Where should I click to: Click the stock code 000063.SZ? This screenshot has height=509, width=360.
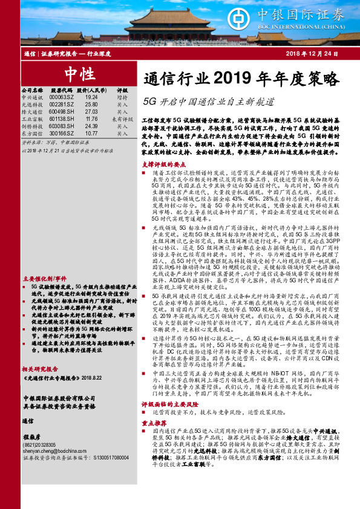tap(61, 97)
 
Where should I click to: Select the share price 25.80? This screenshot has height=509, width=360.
tap(91, 104)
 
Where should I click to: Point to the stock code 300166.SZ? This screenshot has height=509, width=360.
tap(61, 134)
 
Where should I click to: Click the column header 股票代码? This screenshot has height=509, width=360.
tap(61, 89)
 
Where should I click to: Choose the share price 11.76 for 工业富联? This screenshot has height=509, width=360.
tap(91, 119)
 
